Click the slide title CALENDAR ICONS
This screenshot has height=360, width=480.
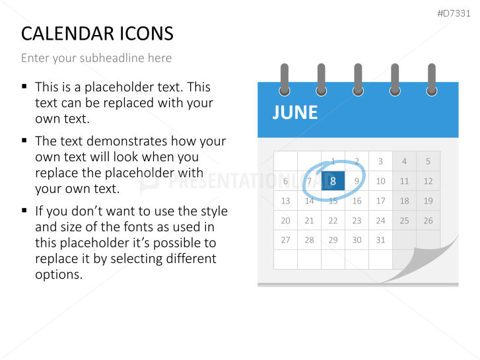(x=97, y=33)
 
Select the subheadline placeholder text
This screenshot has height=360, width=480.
(x=96, y=58)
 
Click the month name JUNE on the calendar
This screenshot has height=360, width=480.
(x=295, y=112)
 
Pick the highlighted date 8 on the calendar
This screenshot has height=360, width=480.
(x=333, y=181)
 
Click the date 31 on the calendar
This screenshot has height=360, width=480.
(x=380, y=240)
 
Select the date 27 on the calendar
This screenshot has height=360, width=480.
(x=285, y=240)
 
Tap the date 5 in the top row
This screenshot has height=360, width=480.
(x=428, y=161)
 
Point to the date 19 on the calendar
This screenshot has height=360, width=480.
(x=428, y=201)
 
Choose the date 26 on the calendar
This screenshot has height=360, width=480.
(x=428, y=221)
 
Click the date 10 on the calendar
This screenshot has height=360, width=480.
(x=380, y=181)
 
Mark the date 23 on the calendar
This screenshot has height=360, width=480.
(x=357, y=221)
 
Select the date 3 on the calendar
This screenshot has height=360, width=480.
(x=380, y=161)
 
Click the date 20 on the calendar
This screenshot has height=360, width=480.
(x=285, y=221)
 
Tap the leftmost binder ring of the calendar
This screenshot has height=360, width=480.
(x=285, y=79)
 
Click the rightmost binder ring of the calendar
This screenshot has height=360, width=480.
(x=432, y=79)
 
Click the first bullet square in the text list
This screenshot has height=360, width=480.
(x=24, y=87)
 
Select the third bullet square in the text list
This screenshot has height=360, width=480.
(x=24, y=211)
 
